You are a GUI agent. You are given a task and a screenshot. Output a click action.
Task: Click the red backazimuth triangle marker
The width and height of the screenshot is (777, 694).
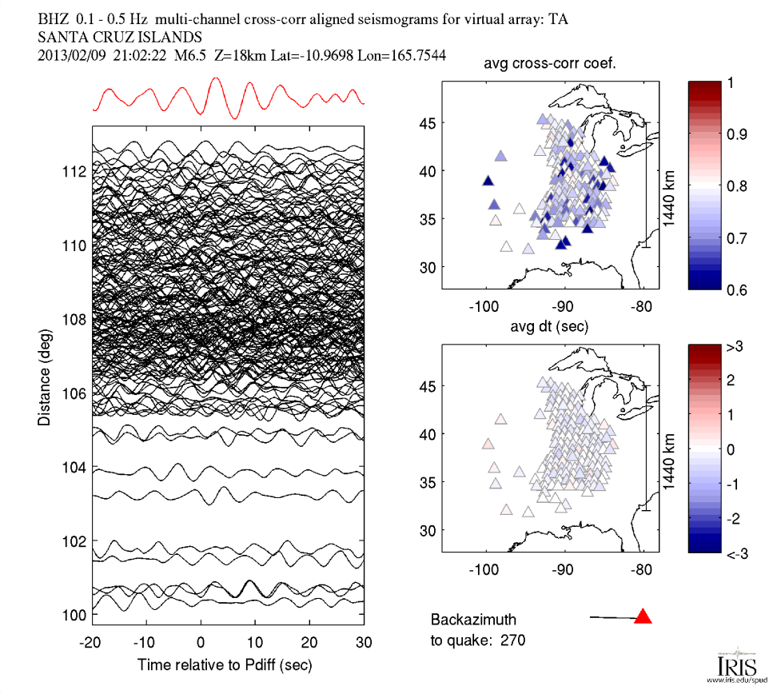click(x=643, y=616)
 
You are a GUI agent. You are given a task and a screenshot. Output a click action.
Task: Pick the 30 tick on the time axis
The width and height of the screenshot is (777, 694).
click(x=364, y=642)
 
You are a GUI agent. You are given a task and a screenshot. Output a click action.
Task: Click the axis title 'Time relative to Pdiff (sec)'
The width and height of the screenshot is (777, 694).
click(x=225, y=664)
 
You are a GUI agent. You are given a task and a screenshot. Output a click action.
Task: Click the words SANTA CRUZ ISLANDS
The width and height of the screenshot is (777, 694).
click(x=120, y=38)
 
